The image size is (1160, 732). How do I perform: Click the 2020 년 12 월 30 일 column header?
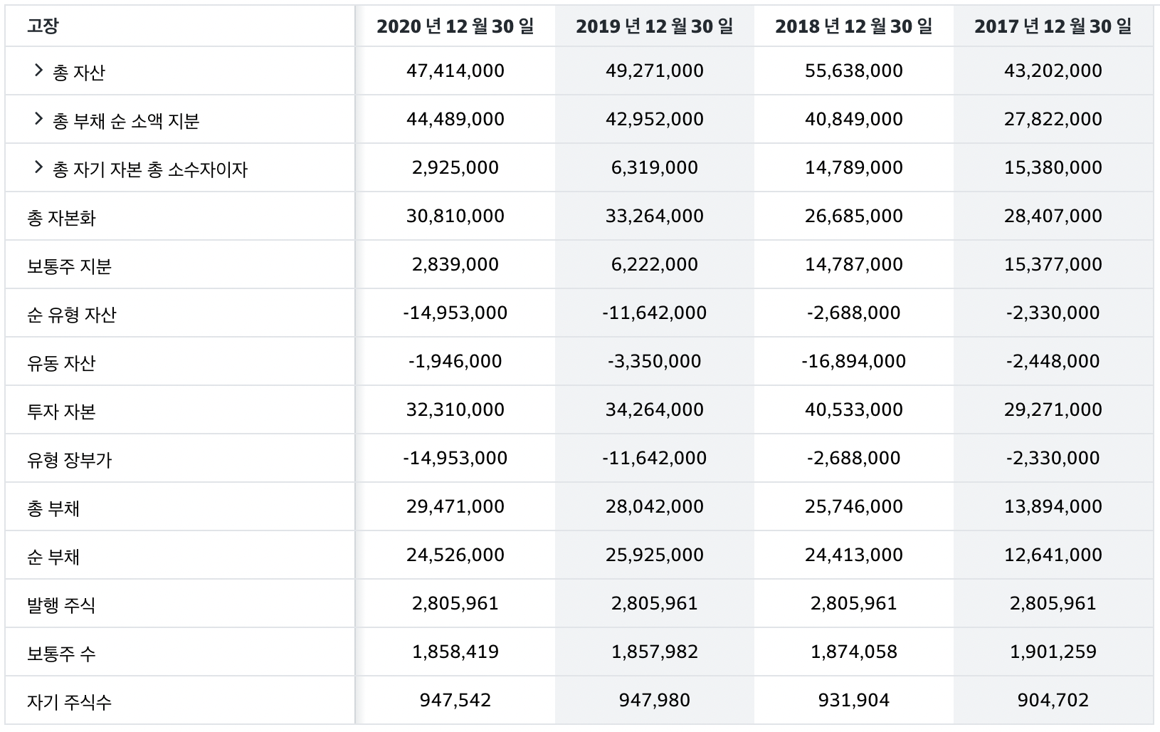click(455, 26)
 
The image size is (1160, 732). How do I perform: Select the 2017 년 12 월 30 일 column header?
click(1053, 26)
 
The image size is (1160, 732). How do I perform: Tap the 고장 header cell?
click(43, 26)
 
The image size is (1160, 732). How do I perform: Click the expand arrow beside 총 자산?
click(38, 70)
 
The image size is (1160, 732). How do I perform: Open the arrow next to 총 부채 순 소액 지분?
click(38, 119)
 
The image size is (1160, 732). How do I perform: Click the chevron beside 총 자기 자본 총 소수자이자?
click(38, 167)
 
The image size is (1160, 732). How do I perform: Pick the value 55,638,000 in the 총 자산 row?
click(853, 70)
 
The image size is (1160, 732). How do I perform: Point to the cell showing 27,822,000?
click(1053, 119)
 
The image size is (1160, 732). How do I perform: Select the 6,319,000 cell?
click(655, 167)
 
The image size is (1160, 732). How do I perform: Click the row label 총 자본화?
click(61, 218)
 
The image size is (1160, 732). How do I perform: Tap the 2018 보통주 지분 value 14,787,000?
click(853, 264)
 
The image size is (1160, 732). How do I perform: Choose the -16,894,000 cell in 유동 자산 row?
click(853, 361)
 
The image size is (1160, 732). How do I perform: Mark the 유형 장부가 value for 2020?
click(455, 458)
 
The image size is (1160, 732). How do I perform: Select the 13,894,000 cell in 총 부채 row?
click(1053, 506)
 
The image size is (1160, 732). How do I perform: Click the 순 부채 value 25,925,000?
click(655, 555)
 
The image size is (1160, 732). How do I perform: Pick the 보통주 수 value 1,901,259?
click(1053, 652)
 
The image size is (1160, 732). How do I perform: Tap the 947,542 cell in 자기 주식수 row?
click(455, 701)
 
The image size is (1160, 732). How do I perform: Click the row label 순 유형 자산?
click(71, 315)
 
